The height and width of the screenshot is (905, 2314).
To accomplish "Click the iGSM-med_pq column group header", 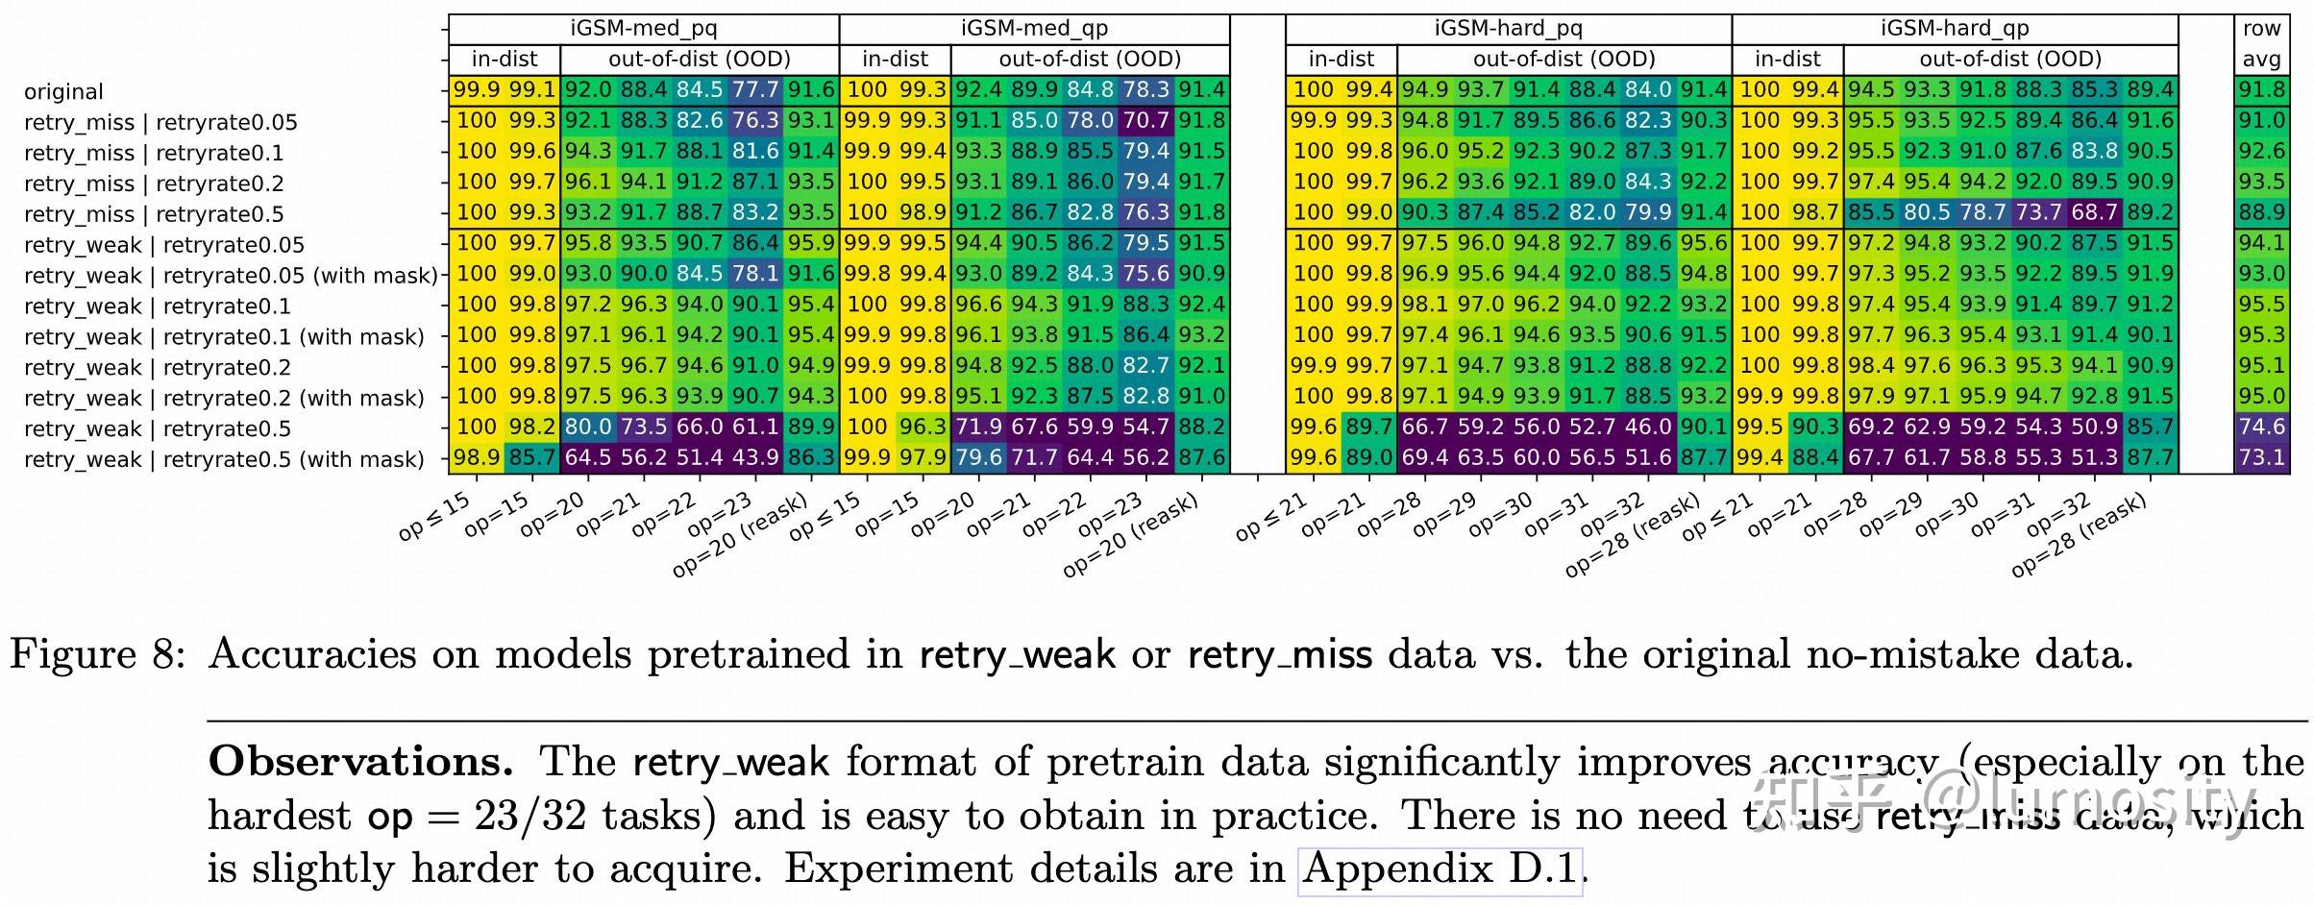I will (x=643, y=28).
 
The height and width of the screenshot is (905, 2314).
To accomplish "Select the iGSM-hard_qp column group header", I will (x=1955, y=28).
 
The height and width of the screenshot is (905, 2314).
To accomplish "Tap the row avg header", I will (x=2261, y=44).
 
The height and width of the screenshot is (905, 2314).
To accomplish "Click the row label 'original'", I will (x=63, y=92).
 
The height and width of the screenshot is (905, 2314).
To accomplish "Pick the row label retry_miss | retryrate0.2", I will (x=154, y=183).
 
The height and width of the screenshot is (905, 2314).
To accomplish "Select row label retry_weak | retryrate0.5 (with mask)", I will (x=224, y=459).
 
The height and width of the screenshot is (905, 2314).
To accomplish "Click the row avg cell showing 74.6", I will (x=2261, y=427).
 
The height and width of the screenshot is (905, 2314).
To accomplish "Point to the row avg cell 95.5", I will (x=2261, y=305).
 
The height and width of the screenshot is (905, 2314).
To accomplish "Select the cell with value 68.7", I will (x=2094, y=212).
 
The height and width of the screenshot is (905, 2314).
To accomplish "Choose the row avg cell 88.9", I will (x=2261, y=212).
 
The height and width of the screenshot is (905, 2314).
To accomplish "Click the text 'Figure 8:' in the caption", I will (x=95, y=654).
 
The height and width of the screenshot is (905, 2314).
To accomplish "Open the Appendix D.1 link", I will (x=1439, y=868).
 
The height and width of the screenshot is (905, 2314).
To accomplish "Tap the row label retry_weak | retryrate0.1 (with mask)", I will (x=224, y=337).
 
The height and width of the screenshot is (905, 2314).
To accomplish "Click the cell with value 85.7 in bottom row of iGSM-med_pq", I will (x=531, y=457).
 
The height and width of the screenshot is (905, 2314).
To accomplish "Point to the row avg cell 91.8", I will (x=2261, y=90).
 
